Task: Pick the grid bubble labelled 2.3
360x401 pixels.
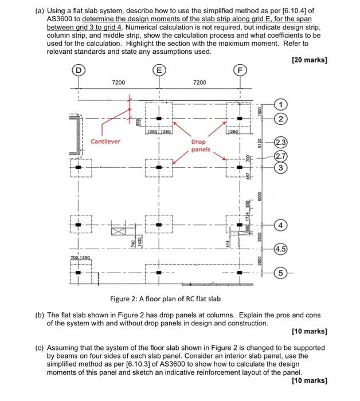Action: click(x=281, y=143)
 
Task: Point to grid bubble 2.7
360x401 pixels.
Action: click(x=281, y=155)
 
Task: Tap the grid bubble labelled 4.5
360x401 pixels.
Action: click(x=281, y=250)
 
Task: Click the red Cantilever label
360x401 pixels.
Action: click(x=105, y=141)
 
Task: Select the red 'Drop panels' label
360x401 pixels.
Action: click(x=200, y=146)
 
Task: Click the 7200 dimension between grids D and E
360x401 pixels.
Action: click(x=119, y=83)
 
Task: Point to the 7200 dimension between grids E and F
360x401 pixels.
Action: click(x=199, y=83)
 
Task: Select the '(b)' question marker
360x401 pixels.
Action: click(x=40, y=314)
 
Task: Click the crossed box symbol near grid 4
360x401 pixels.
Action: click(x=118, y=230)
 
